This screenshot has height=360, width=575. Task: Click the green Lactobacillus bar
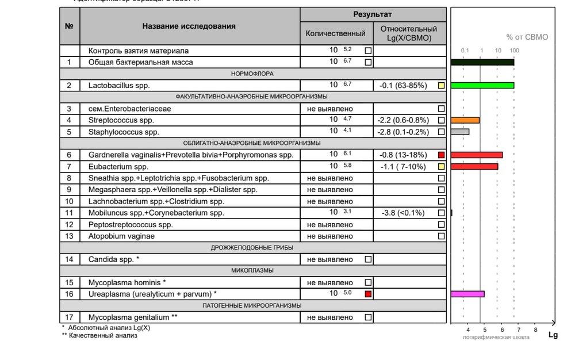pos(482,86)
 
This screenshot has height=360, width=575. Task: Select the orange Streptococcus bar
pos(465,120)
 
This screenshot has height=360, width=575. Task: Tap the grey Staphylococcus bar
pos(459,132)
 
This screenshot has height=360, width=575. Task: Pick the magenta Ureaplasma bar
pos(467,294)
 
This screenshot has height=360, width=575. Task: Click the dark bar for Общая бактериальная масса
pos(482,62)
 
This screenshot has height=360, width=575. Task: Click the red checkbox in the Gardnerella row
pos(441,155)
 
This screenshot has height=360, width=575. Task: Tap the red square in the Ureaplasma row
pos(368,294)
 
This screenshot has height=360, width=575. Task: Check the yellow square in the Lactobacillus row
pos(441,86)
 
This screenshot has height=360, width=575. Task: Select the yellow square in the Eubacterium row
pos(441,167)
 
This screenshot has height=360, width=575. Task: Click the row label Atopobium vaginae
pos(121,236)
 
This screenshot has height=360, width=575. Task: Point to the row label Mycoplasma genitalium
pos(129,317)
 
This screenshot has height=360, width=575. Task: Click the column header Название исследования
pos(189,26)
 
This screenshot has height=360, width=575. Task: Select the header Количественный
pos(335,33)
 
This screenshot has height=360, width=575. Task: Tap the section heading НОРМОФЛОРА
pos(252,74)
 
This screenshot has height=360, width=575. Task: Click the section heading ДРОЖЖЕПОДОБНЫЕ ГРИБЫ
pos(252,247)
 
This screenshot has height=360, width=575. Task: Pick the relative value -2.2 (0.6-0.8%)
pos(402,120)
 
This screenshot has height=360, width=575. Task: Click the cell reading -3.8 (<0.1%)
pos(402,213)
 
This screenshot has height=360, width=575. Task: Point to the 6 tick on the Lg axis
pos(502,330)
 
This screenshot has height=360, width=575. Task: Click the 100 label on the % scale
pos(514,51)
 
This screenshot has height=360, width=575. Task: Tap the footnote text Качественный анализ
pos(103,336)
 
